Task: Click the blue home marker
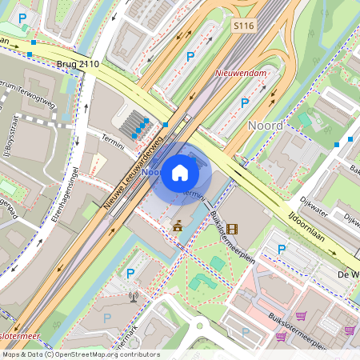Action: (181, 171)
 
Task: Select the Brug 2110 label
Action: (78, 63)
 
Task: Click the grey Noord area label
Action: (265, 125)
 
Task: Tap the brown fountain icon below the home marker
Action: (177, 227)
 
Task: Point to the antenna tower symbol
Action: (133, 298)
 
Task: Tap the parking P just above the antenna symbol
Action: (130, 273)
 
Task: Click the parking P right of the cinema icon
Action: (281, 250)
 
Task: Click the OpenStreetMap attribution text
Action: (80, 354)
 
